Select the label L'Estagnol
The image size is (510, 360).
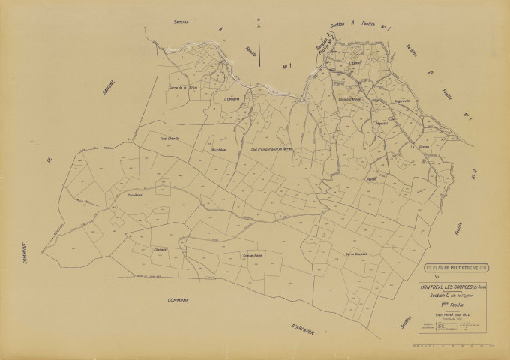232,97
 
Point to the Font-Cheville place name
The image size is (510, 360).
171,138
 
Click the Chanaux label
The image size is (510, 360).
160,249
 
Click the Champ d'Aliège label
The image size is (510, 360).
350,100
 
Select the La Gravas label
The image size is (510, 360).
417,148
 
